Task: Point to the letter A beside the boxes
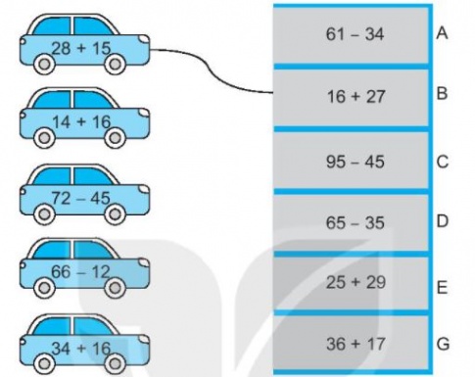[x=443, y=33]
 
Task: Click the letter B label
[x=443, y=96]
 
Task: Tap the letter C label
[x=443, y=161]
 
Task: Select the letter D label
[x=443, y=221]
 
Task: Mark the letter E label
[x=443, y=289]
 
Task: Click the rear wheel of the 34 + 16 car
[x=45, y=363]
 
